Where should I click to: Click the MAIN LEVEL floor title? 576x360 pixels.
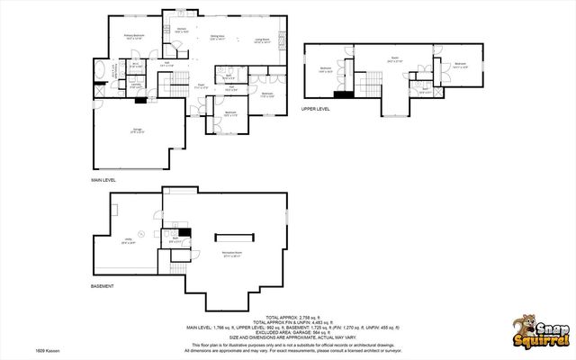[x=103, y=180]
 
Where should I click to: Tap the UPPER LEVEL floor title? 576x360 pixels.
[x=317, y=109]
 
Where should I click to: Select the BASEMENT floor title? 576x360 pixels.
[x=102, y=286]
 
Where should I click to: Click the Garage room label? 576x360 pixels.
[x=138, y=131]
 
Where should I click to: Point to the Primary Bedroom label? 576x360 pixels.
[x=134, y=37]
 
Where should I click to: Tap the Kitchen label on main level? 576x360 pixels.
[x=181, y=30]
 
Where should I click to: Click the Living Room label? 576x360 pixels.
[x=262, y=40]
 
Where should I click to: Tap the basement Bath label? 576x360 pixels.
[x=175, y=239]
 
